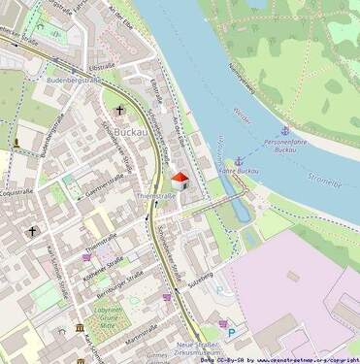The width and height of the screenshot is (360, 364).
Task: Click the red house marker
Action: pyautogui.click(x=180, y=180)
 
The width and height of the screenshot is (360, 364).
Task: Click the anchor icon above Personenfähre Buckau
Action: pyautogui.click(x=285, y=130)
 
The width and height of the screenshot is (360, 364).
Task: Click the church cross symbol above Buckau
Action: pyautogui.click(x=120, y=111)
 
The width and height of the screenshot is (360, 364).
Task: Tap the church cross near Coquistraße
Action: pyautogui.click(x=32, y=232)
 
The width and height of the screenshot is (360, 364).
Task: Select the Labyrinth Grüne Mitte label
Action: pyautogui.click(x=109, y=318)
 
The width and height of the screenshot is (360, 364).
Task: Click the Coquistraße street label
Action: pyautogui.click(x=16, y=191)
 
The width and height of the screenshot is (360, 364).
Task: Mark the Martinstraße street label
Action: pyautogui.click(x=141, y=334)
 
